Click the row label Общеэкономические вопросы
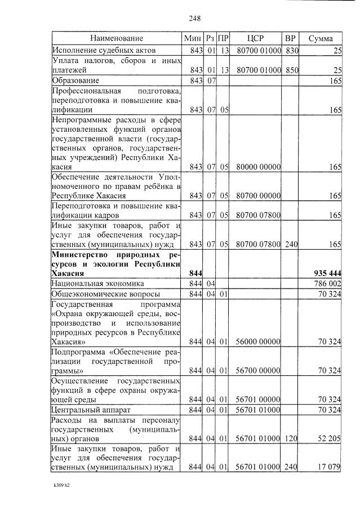tap(105, 294)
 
